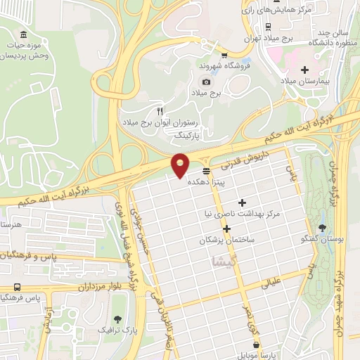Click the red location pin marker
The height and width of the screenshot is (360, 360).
pyautogui.click(x=181, y=165)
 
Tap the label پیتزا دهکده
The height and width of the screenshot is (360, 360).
pyautogui.click(x=206, y=181)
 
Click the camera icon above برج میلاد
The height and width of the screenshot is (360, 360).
pyautogui.click(x=207, y=82)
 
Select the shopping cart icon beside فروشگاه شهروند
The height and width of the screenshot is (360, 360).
pyautogui.click(x=224, y=56)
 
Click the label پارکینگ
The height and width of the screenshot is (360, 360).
pyautogui.click(x=187, y=134)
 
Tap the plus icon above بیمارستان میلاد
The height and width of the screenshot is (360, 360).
pyautogui.click(x=304, y=70)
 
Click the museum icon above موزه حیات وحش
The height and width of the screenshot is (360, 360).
pyautogui.click(x=24, y=35)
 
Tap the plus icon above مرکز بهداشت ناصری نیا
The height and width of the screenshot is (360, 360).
pyautogui.click(x=242, y=202)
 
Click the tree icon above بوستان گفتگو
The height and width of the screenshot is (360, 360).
pyautogui.click(x=322, y=228)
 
